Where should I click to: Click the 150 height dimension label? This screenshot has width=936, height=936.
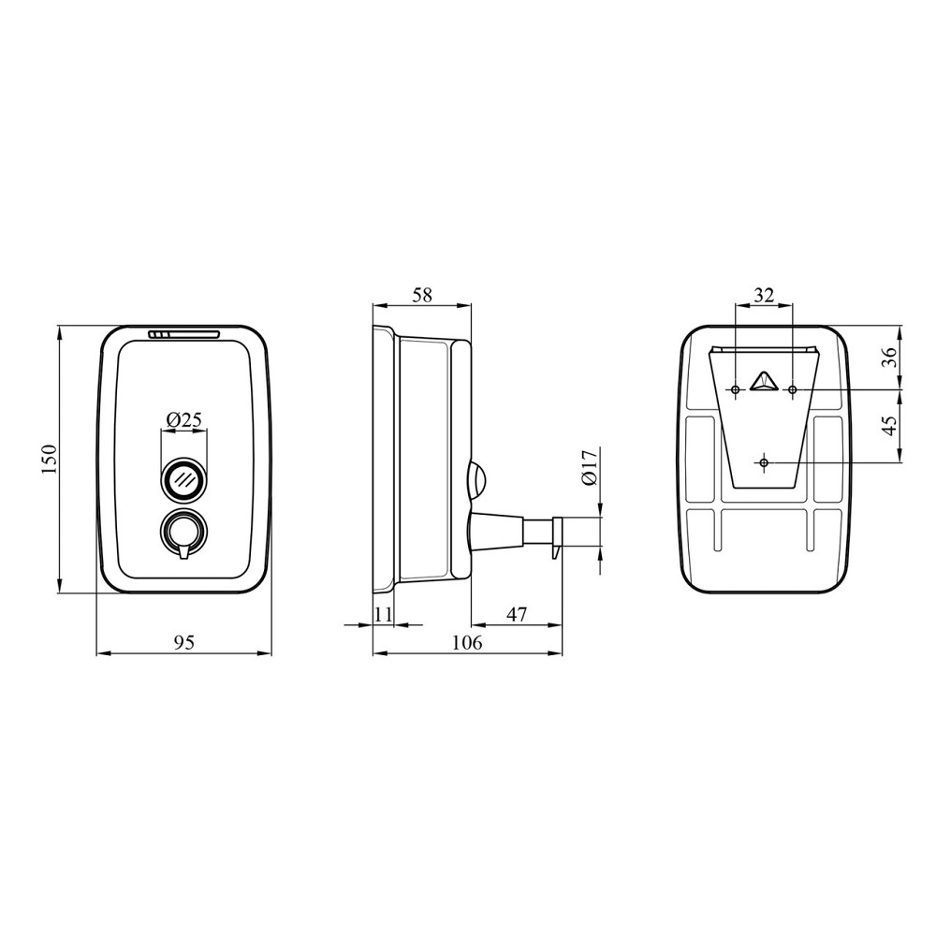tap(51, 459)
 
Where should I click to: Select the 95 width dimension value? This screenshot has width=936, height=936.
tap(184, 642)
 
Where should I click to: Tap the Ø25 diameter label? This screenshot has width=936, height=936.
tap(184, 420)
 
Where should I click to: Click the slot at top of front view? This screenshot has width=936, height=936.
tap(183, 333)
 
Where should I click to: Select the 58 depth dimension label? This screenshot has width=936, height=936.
tap(422, 295)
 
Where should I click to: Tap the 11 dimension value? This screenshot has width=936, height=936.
tap(383, 614)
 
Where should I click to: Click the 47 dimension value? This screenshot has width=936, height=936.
tap(517, 614)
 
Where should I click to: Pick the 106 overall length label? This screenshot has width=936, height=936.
tap(467, 642)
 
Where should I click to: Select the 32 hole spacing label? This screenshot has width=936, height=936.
tap(764, 295)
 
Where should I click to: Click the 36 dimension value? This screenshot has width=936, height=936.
tap(889, 357)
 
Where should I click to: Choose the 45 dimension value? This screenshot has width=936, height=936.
tap(889, 425)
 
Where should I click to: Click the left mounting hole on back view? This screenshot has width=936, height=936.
tap(737, 388)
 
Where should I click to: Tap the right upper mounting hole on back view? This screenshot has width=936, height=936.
tap(793, 388)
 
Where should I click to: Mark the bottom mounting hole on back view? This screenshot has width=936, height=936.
tap(765, 462)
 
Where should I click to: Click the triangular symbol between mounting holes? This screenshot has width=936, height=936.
tap(765, 382)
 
